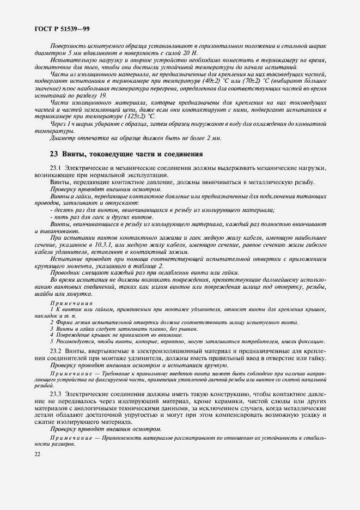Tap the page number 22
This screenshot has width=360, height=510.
(x=37, y=454)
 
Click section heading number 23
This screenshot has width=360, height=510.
(x=54, y=154)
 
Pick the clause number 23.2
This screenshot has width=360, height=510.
(x=57, y=351)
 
